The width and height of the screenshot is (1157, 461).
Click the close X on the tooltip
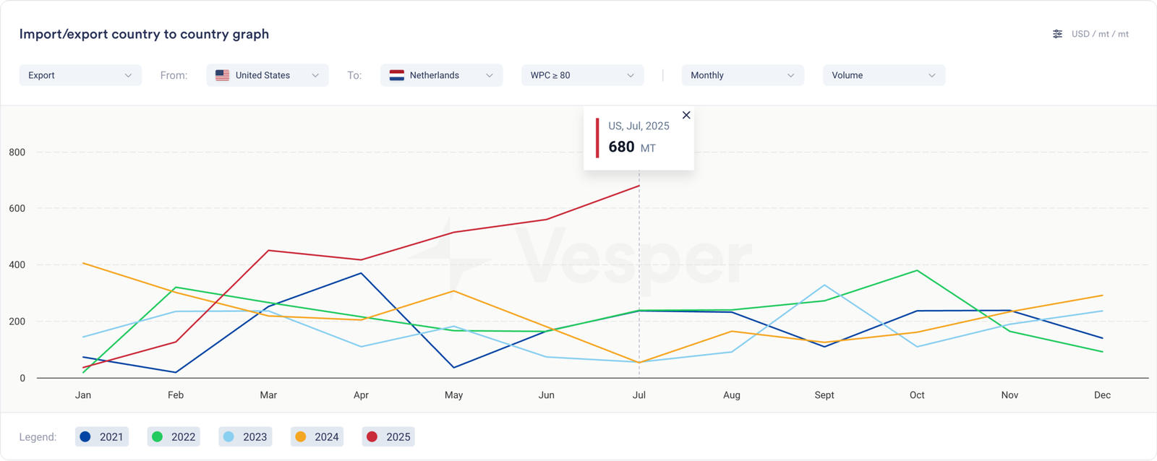pyautogui.click(x=686, y=115)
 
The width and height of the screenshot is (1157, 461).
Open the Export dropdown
pyautogui.click(x=80, y=75)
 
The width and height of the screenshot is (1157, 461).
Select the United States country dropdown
pyautogui.click(x=268, y=75)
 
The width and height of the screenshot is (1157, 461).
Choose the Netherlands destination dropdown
pyautogui.click(x=441, y=75)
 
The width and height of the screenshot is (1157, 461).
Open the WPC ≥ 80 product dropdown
pyautogui.click(x=582, y=75)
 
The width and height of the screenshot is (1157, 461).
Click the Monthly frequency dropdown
pyautogui.click(x=743, y=75)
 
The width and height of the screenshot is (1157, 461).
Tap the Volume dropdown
pyautogui.click(x=884, y=75)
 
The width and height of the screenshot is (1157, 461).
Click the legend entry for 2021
pyautogui.click(x=102, y=436)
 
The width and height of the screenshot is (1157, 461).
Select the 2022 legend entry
pyautogui.click(x=174, y=436)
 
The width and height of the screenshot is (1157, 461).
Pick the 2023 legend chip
pyautogui.click(x=245, y=436)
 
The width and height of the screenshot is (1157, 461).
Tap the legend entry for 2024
pyautogui.click(x=317, y=436)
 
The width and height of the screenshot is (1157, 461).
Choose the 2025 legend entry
pyautogui.click(x=388, y=436)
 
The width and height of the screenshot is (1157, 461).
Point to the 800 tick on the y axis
pyautogui.click(x=17, y=152)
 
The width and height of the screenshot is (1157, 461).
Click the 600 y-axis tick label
pyautogui.click(x=17, y=209)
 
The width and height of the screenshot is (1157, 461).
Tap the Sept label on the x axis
pyautogui.click(x=824, y=395)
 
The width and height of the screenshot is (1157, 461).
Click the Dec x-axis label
pyautogui.click(x=1102, y=395)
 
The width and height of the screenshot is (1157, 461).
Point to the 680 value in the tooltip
pyautogui.click(x=621, y=147)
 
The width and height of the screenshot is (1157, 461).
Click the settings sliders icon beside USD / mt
pyautogui.click(x=1057, y=34)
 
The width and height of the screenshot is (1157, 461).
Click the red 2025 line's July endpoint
pyautogui.click(x=639, y=186)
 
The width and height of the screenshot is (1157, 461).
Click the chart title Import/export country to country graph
pyautogui.click(x=144, y=34)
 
